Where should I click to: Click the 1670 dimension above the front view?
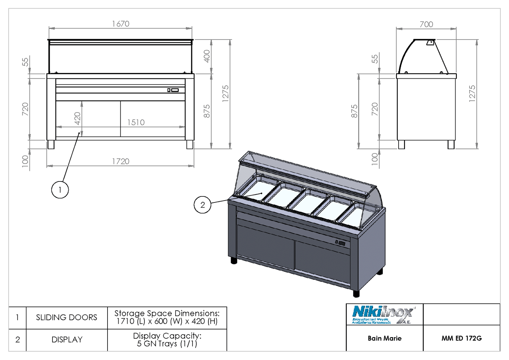[x=121, y=24]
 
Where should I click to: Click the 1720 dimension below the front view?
[x=121, y=161]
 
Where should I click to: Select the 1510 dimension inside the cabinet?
[x=136, y=123]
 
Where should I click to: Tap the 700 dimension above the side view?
[x=426, y=25]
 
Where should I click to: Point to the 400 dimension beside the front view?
[x=207, y=56]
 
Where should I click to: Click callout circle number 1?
[x=60, y=190]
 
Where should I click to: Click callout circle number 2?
[x=203, y=205]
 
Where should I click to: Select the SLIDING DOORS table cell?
[x=66, y=317]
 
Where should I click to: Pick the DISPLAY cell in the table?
[x=67, y=340]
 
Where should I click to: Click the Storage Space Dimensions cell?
[x=167, y=317]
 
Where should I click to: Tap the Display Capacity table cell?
[x=167, y=340]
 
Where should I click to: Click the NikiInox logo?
[x=383, y=314]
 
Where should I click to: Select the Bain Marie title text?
[x=385, y=338]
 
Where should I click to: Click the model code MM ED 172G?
[x=461, y=338]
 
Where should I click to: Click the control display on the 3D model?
[x=341, y=243]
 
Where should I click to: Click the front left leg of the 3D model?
[x=234, y=260]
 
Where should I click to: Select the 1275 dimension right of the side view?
[x=472, y=94]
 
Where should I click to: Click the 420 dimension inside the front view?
[x=77, y=118]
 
